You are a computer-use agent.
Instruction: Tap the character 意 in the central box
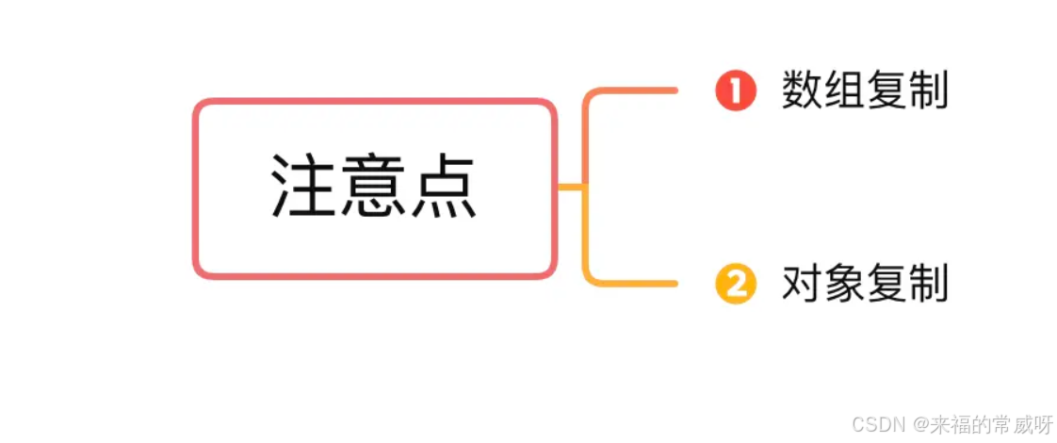374,187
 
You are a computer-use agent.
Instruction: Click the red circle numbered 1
735,92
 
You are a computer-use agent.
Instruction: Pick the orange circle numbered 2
735,284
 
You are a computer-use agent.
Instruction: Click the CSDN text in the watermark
874,424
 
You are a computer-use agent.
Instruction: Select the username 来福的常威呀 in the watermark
986,424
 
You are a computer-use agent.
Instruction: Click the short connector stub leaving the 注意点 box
570,187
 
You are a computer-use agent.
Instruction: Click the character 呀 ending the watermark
1043,424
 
